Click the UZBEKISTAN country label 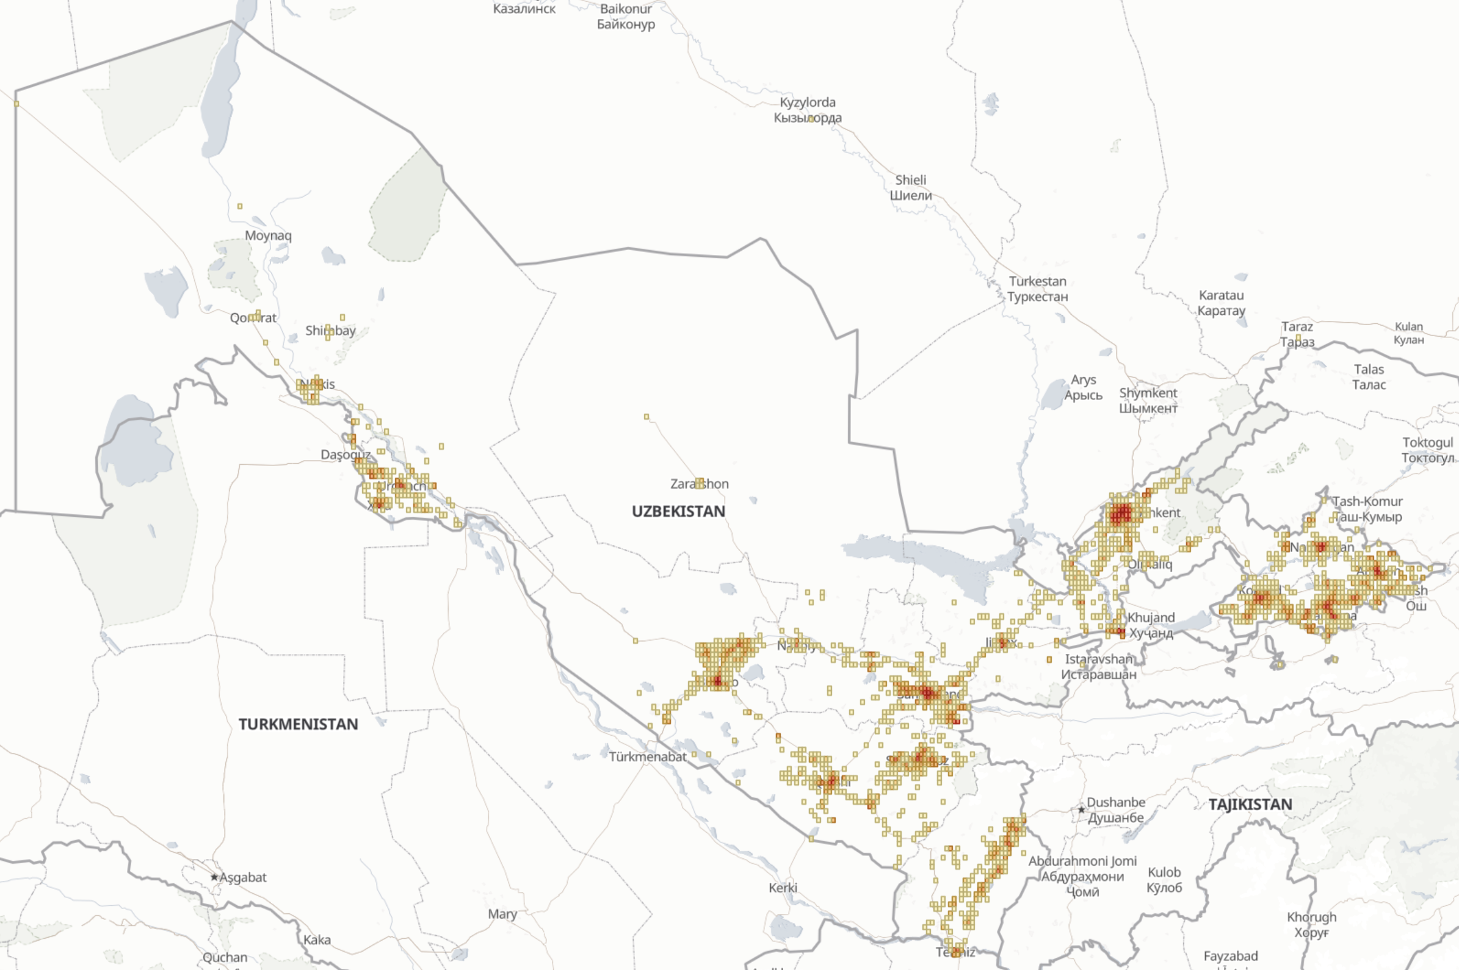coord(678,512)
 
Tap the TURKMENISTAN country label coord(299,724)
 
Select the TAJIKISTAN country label coord(1250,805)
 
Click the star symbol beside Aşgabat coord(215,877)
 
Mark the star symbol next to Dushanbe coord(1081,809)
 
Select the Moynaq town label coord(268,235)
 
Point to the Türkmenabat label coord(648,756)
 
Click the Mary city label coord(502,914)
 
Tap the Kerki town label coord(783,888)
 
